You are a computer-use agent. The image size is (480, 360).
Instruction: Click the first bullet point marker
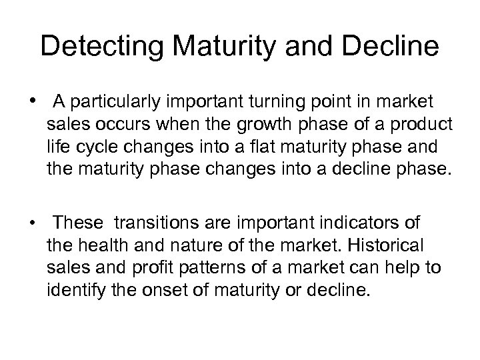[32, 101]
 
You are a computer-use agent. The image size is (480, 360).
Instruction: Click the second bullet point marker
[32, 221]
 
